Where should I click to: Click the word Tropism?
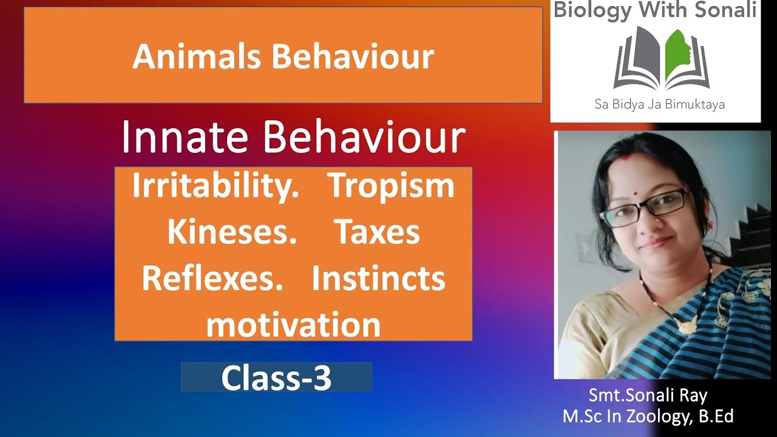click(x=391, y=186)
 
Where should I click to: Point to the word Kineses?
click(x=231, y=232)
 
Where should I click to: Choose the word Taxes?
click(x=377, y=232)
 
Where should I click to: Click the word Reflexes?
click(x=212, y=278)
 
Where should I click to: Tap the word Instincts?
click(x=378, y=278)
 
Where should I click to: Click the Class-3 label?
click(x=276, y=378)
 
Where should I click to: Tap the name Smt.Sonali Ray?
click(x=648, y=396)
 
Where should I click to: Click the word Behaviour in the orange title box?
click(x=353, y=56)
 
